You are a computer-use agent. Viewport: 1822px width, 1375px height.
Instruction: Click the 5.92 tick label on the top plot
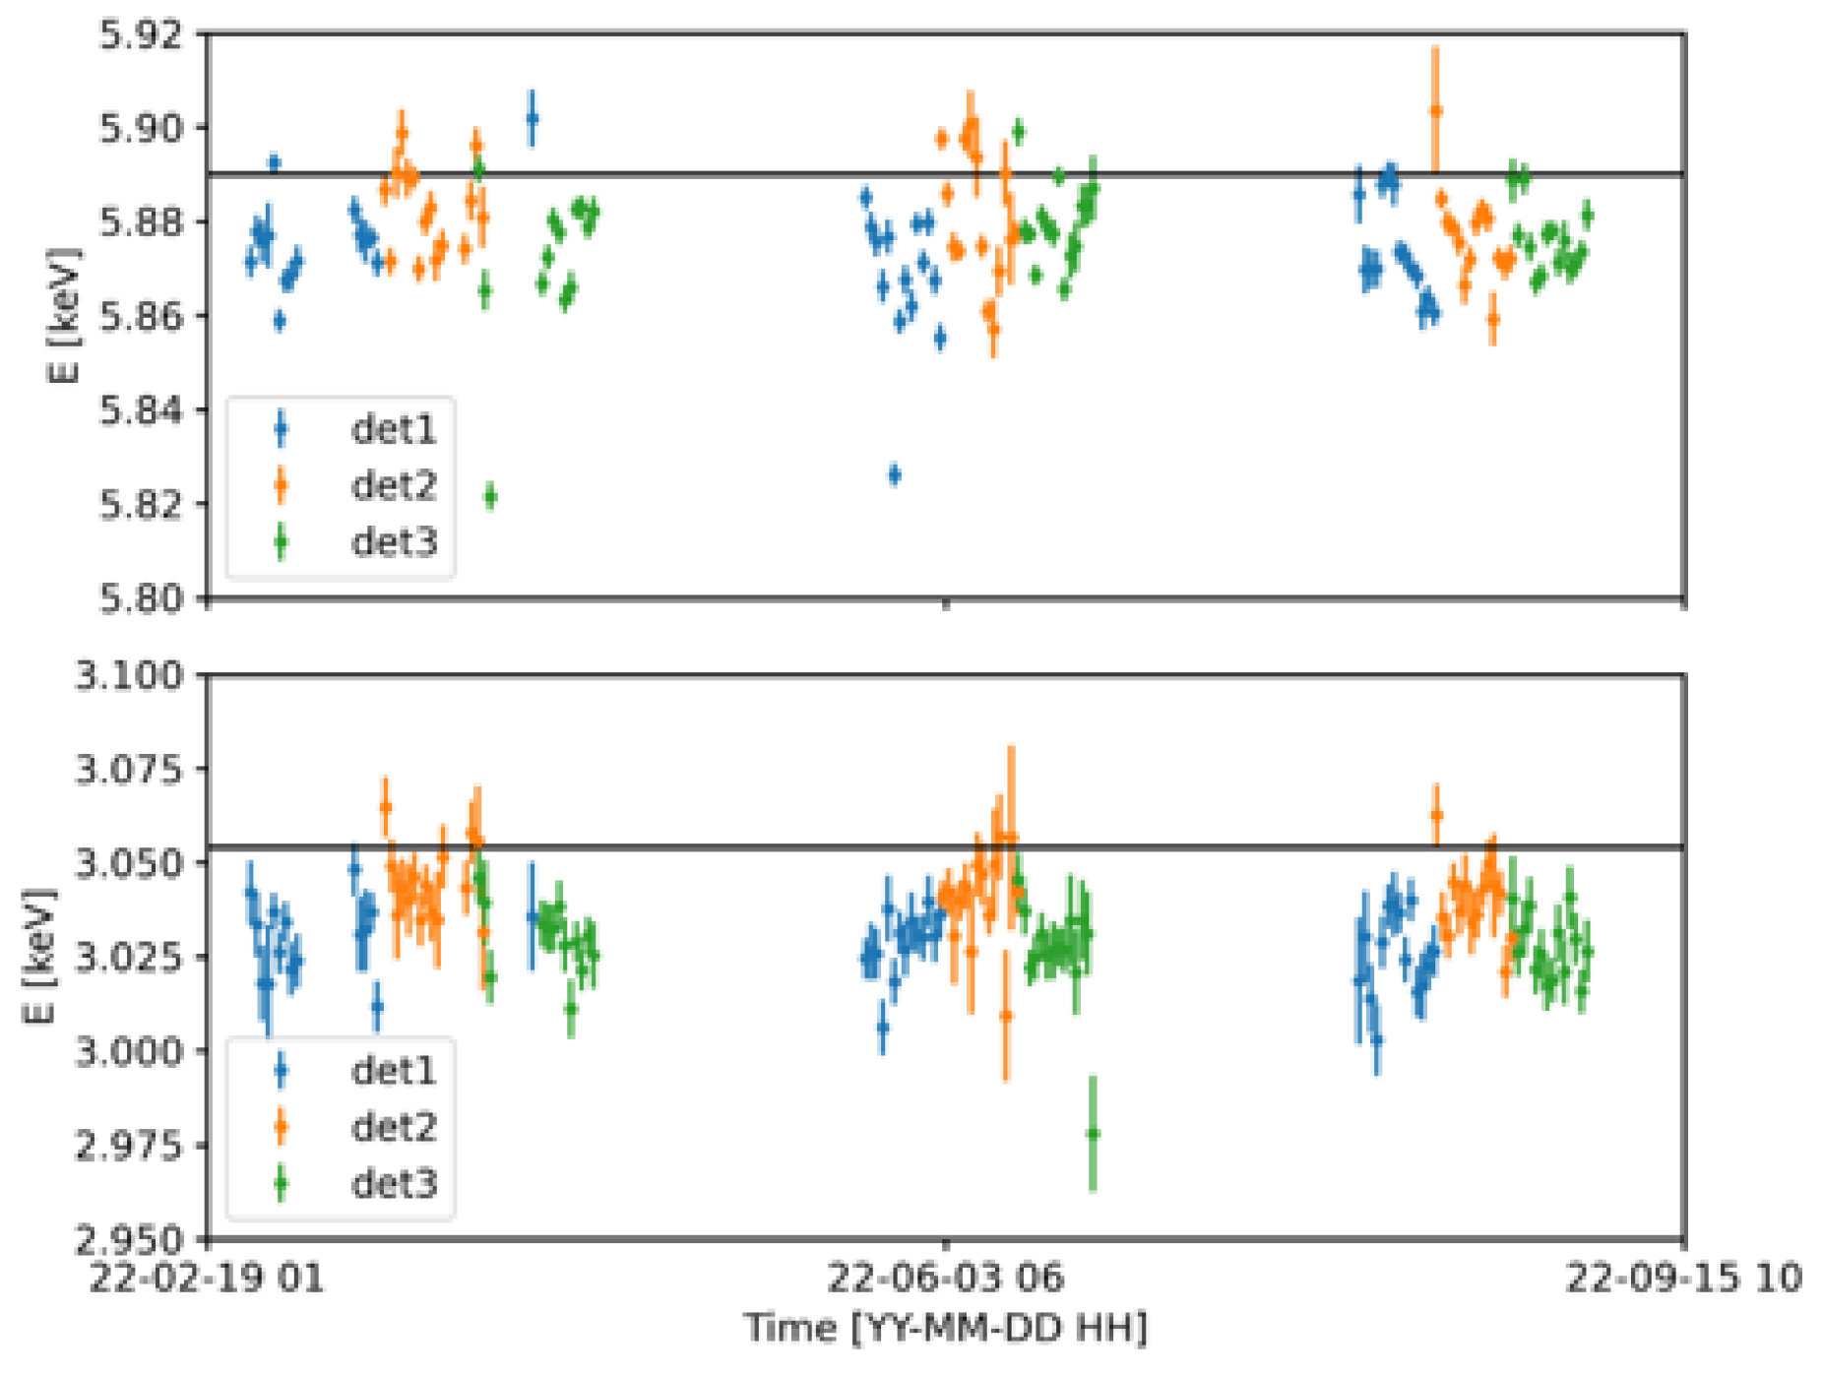point(142,34)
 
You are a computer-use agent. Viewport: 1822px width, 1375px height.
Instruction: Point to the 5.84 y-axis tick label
point(142,409)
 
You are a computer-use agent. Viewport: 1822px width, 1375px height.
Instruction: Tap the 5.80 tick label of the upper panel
point(142,597)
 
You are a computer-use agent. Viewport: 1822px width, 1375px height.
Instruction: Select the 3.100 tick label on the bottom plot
point(130,675)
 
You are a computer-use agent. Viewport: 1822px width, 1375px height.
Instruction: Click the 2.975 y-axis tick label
point(130,1146)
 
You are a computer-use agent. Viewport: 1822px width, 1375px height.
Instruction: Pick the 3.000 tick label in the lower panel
point(130,1051)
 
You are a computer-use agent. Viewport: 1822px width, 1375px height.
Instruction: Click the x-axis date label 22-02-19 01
point(207,1278)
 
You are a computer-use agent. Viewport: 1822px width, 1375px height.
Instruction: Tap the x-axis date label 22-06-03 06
point(945,1278)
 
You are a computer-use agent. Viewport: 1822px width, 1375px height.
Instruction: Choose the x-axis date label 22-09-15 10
point(1683,1278)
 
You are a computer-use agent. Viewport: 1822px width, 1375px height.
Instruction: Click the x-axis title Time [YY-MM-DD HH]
point(945,1329)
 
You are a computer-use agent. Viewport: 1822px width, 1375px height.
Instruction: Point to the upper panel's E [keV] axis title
point(65,315)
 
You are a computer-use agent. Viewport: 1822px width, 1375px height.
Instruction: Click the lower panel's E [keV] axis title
point(39,956)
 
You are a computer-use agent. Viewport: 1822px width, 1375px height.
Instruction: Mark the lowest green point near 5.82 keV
point(490,497)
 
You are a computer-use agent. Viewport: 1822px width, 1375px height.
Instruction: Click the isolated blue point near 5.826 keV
point(894,475)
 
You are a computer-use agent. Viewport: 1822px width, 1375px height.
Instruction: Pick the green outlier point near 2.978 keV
point(1093,1134)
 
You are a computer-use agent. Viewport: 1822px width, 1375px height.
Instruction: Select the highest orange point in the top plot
point(1435,111)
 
